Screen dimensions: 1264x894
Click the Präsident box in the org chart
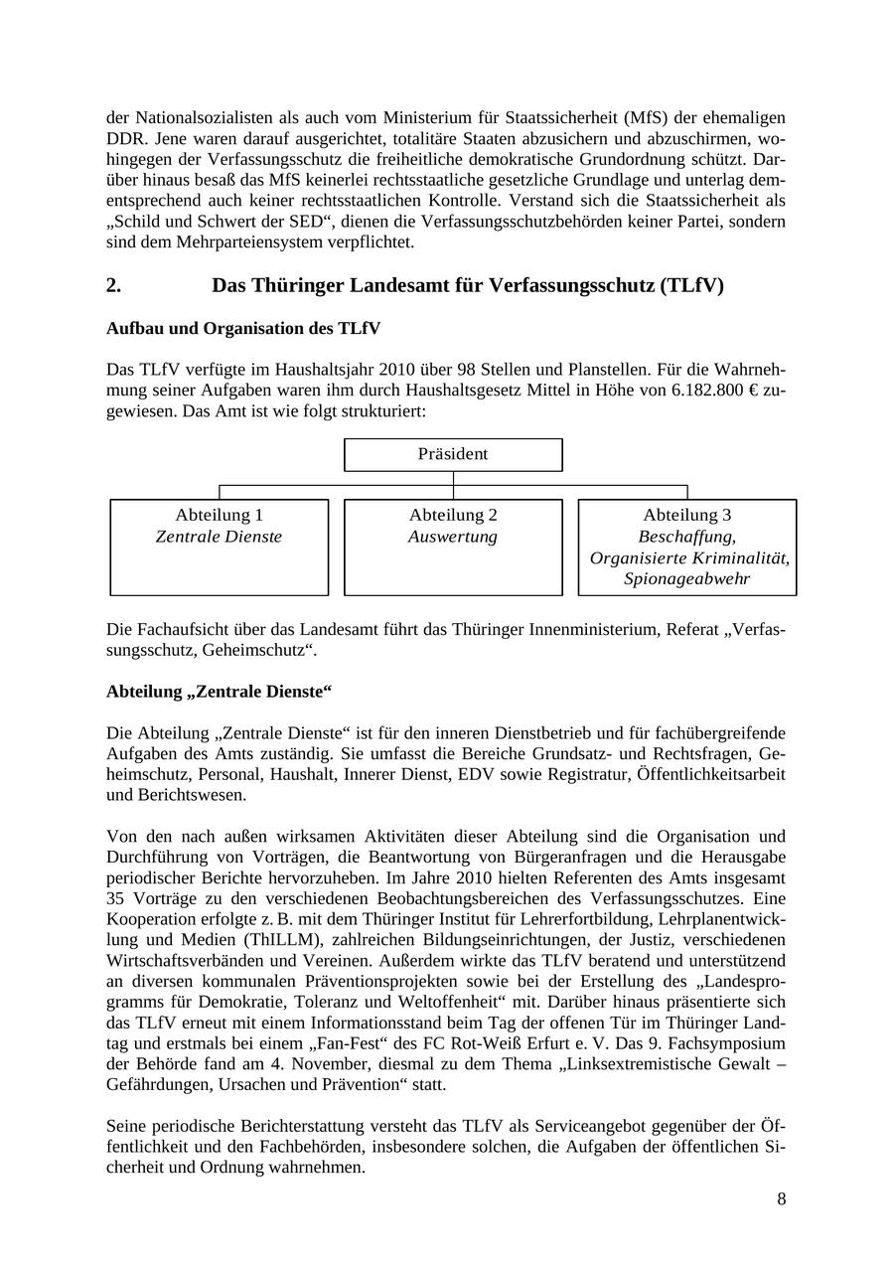tap(453, 454)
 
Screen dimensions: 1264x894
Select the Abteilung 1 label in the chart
tap(219, 515)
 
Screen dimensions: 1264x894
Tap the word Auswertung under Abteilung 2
tap(453, 537)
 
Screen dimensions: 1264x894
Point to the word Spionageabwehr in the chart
tap(687, 578)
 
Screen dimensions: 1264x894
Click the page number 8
tap(782, 1198)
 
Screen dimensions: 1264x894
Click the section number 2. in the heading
tap(114, 285)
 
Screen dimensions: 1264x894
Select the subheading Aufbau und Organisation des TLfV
tap(243, 328)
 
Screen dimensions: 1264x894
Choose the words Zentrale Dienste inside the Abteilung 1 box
tap(219, 537)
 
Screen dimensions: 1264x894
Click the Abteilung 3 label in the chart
tap(687, 515)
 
